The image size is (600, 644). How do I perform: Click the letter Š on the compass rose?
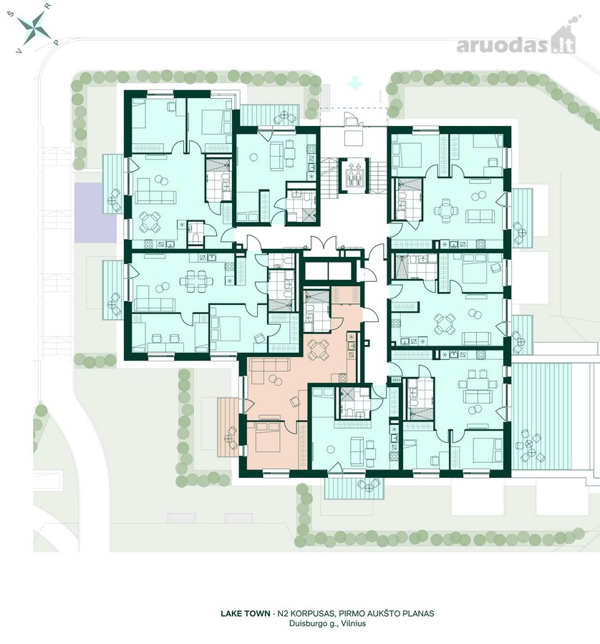coord(12,14)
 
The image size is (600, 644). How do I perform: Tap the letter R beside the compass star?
coord(49,6)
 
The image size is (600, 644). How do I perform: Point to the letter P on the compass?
coord(57,42)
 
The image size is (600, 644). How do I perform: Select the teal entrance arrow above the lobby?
coord(355,84)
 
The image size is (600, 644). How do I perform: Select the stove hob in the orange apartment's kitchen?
coord(342,376)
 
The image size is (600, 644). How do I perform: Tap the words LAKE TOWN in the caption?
coord(246,614)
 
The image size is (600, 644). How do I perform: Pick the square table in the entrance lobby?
coord(354,137)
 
